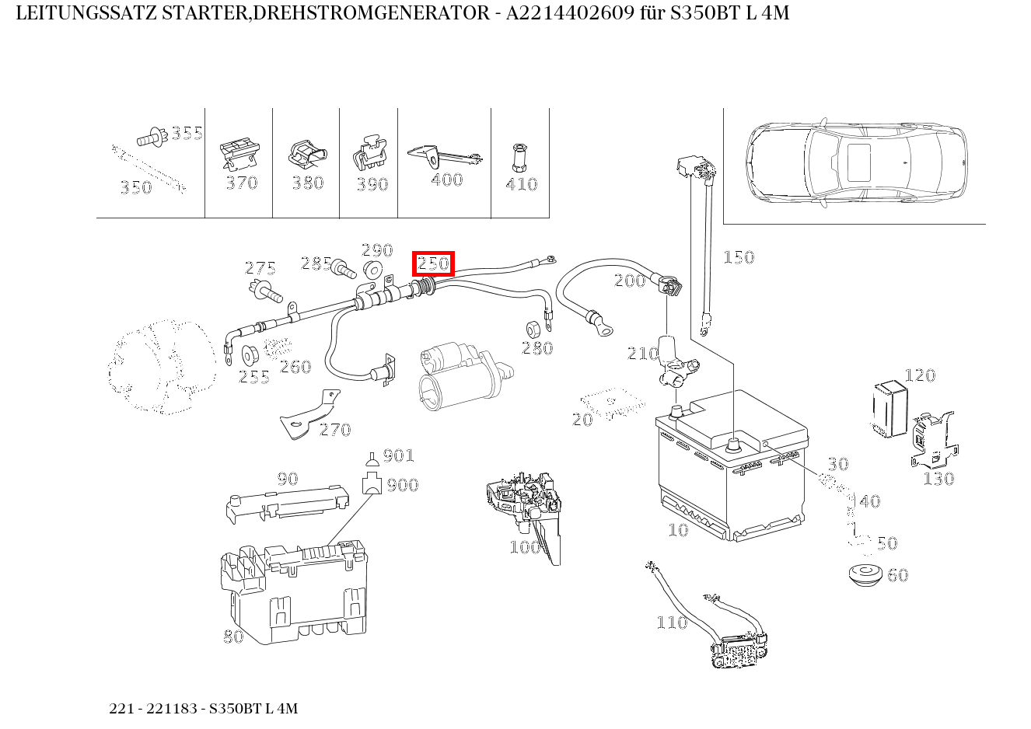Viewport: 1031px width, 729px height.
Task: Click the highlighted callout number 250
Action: pos(433,263)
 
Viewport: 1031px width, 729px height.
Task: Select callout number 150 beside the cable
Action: pos(738,257)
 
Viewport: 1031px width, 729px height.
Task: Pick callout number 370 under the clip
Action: pos(241,183)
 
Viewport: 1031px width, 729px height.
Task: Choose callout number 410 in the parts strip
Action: pos(521,184)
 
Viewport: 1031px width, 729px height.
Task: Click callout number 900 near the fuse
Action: pos(403,485)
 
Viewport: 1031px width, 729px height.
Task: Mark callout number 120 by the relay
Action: pos(920,375)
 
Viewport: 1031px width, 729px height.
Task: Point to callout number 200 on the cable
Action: pos(630,281)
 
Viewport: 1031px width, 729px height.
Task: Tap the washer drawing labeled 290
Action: pos(373,270)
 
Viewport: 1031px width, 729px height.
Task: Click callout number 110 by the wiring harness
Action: pos(672,622)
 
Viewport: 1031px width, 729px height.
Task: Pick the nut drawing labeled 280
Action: pos(534,326)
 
